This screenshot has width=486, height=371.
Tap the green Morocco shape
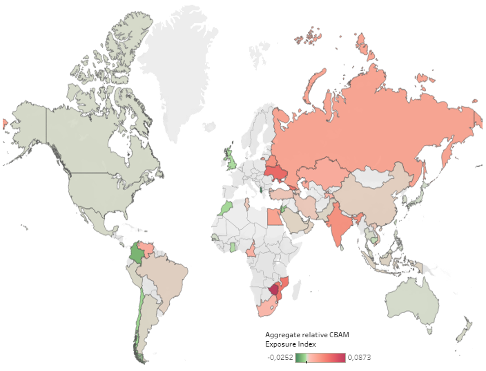tap(226, 208)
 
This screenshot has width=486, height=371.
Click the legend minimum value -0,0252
tap(280, 357)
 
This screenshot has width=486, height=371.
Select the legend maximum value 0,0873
tap(359, 357)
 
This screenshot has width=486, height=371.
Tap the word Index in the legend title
tap(307, 344)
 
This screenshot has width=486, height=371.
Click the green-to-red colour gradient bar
tap(320, 358)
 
